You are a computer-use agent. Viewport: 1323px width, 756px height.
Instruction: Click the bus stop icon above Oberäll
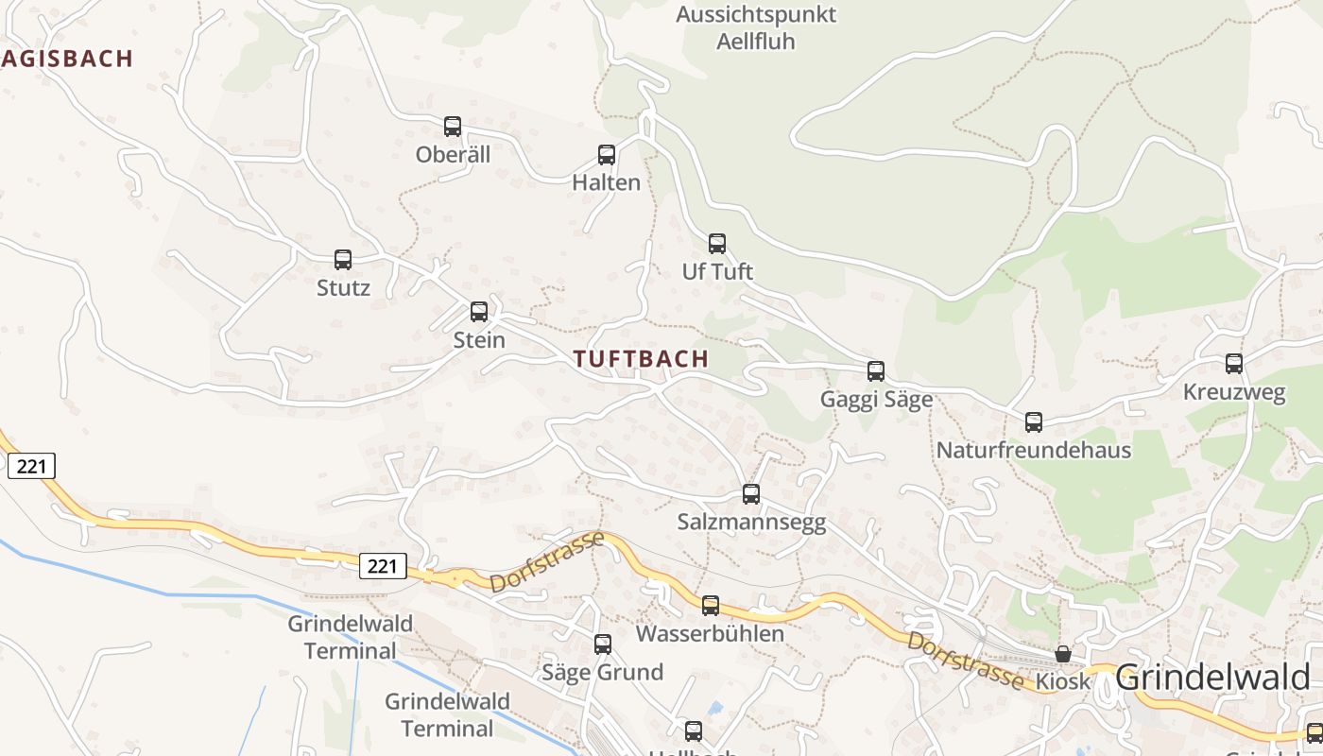(x=453, y=127)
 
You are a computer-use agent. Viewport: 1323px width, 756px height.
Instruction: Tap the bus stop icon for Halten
(x=607, y=155)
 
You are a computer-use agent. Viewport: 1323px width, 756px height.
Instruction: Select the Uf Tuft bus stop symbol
(x=717, y=244)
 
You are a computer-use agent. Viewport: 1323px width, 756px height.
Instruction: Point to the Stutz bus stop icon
(x=343, y=260)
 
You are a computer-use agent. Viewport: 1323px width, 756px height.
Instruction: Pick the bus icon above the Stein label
(x=479, y=312)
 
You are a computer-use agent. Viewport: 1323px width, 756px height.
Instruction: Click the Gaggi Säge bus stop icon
(x=876, y=371)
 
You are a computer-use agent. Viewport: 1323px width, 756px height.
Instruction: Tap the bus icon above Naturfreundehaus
(x=1034, y=422)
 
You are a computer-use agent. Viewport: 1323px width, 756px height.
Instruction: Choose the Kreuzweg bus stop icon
(x=1234, y=364)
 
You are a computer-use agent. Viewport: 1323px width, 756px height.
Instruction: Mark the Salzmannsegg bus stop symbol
(x=751, y=494)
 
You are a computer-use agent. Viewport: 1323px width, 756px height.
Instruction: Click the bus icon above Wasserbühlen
(x=711, y=606)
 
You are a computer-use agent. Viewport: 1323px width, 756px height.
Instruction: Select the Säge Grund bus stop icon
(x=603, y=644)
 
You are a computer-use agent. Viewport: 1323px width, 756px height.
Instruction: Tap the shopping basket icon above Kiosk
(x=1063, y=654)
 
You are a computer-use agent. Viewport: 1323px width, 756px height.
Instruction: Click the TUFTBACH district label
(x=641, y=359)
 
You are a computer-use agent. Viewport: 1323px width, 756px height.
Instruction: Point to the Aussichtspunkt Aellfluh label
(x=756, y=28)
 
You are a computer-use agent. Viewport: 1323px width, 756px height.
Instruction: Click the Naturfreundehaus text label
(x=1033, y=450)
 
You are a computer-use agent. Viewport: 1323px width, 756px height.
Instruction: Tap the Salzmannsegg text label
(x=751, y=522)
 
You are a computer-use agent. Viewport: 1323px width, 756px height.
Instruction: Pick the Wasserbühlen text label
(x=710, y=633)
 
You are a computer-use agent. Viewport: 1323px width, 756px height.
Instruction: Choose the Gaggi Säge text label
(x=876, y=399)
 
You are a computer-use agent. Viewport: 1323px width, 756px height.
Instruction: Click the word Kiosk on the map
(x=1063, y=680)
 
